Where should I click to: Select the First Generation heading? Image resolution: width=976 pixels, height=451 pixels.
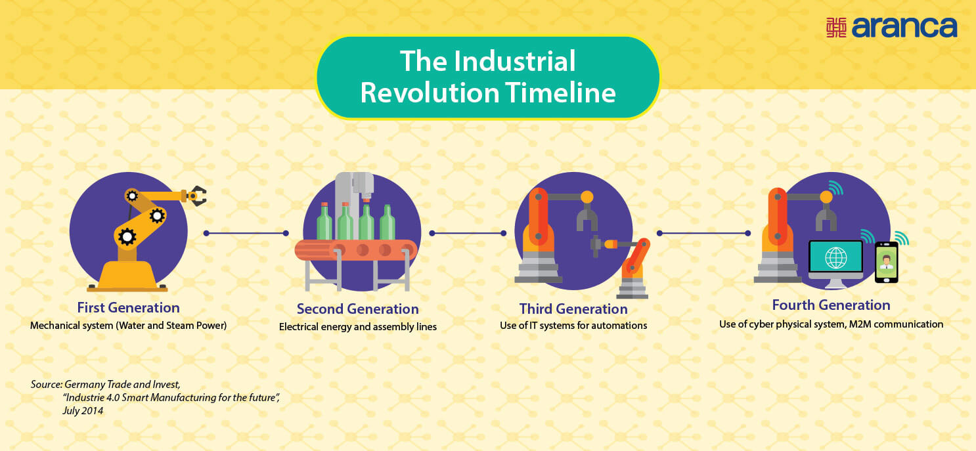click(x=128, y=307)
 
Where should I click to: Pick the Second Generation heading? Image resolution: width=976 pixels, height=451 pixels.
click(x=357, y=309)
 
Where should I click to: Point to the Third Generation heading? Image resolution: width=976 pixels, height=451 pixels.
click(x=573, y=309)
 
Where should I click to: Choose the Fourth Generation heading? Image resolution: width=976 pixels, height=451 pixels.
click(x=831, y=305)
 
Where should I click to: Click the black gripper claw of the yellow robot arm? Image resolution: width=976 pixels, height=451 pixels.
click(x=197, y=195)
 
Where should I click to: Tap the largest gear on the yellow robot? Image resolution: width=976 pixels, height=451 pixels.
click(x=127, y=236)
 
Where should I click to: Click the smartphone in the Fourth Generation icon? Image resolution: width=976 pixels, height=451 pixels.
click(x=887, y=263)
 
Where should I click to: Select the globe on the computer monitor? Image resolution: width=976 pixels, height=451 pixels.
click(x=835, y=258)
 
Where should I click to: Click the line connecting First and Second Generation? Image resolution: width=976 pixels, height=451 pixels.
click(x=246, y=233)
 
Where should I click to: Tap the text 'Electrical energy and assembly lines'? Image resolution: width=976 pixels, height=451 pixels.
click(x=357, y=326)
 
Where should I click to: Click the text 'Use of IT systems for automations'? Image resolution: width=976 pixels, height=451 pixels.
click(x=573, y=325)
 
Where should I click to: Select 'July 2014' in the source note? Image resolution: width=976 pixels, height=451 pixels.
click(x=83, y=410)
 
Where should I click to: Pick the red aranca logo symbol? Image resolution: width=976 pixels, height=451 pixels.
click(x=836, y=28)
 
